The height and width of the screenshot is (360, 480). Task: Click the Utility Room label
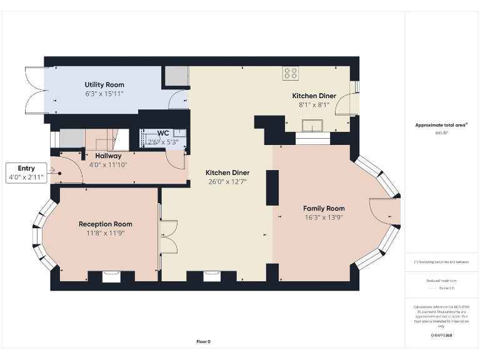(104, 84)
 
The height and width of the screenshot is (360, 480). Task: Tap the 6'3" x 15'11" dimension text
(104, 93)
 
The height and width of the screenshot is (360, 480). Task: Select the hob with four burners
(291, 73)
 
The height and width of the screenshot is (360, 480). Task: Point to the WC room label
(162, 133)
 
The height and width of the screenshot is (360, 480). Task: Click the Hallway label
(108, 156)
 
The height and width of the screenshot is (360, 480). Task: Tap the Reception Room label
(105, 224)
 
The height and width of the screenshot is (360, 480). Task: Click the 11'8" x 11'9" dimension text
(105, 232)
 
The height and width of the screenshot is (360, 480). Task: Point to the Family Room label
(324, 208)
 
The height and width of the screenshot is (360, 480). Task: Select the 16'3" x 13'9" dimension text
(324, 217)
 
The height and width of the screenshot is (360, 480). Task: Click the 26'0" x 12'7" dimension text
(227, 181)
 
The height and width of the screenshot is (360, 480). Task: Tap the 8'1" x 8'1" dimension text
(314, 104)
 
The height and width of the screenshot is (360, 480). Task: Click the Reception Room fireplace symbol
(111, 276)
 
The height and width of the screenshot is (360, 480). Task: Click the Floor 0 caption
(204, 341)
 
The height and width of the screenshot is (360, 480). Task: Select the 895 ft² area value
(442, 133)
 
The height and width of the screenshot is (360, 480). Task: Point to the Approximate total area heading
(441, 125)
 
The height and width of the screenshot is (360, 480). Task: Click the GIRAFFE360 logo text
(441, 336)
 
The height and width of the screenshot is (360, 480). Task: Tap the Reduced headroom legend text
(441, 281)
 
